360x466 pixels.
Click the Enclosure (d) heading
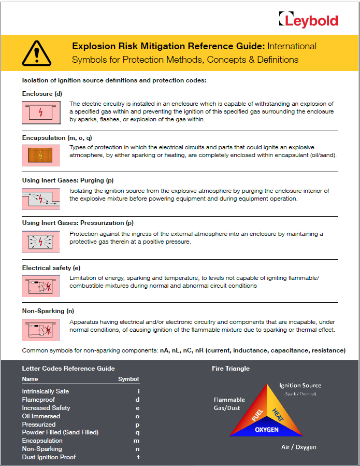pos(42,94)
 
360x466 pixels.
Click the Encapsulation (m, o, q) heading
pos(57,138)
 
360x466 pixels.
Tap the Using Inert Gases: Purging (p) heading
pos(67,180)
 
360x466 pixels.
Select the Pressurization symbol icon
pos(40,242)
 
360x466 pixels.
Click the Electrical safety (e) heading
pos(51,268)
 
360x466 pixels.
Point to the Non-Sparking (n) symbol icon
pos(40,329)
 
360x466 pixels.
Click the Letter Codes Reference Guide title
pos(68,369)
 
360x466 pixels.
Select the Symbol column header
pos(128,379)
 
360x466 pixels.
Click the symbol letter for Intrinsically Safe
pos(138,391)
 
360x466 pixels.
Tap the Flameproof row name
pos(38,400)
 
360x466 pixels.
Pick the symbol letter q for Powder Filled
pos(138,432)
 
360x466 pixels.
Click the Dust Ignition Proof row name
pos(49,457)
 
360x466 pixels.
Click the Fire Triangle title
pos(231,369)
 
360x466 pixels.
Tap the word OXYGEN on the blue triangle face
pos(267,430)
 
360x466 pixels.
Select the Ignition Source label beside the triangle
pos(300,385)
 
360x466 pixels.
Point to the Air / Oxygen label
pos(298,447)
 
